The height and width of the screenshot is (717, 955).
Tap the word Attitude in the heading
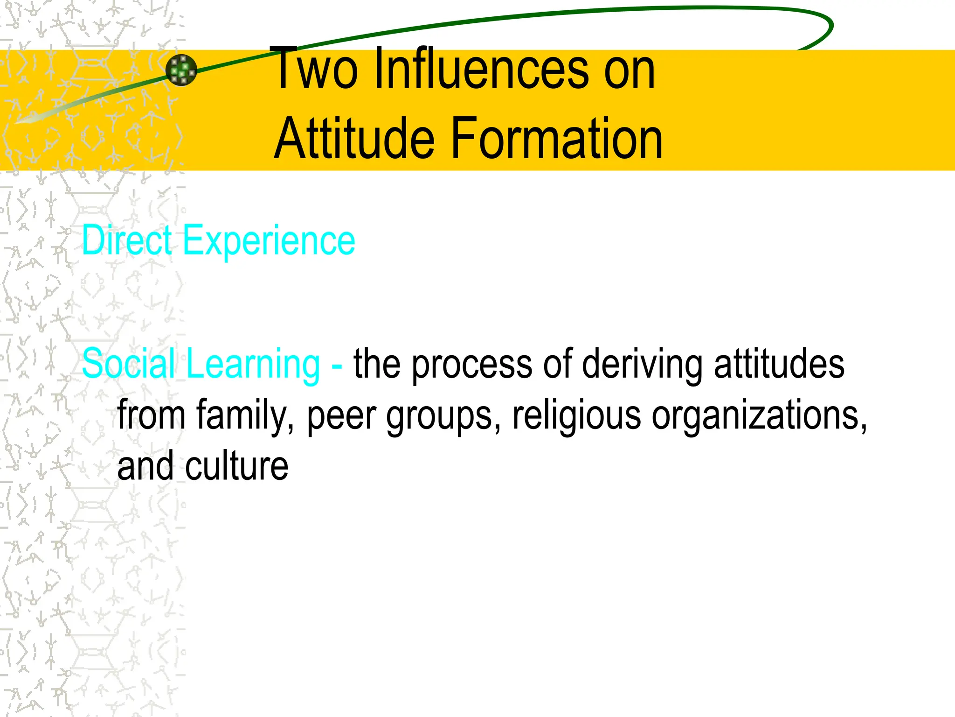click(354, 139)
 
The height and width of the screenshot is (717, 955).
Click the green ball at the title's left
click(181, 70)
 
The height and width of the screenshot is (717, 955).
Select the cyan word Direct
click(127, 240)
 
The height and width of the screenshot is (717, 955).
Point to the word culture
click(236, 466)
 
